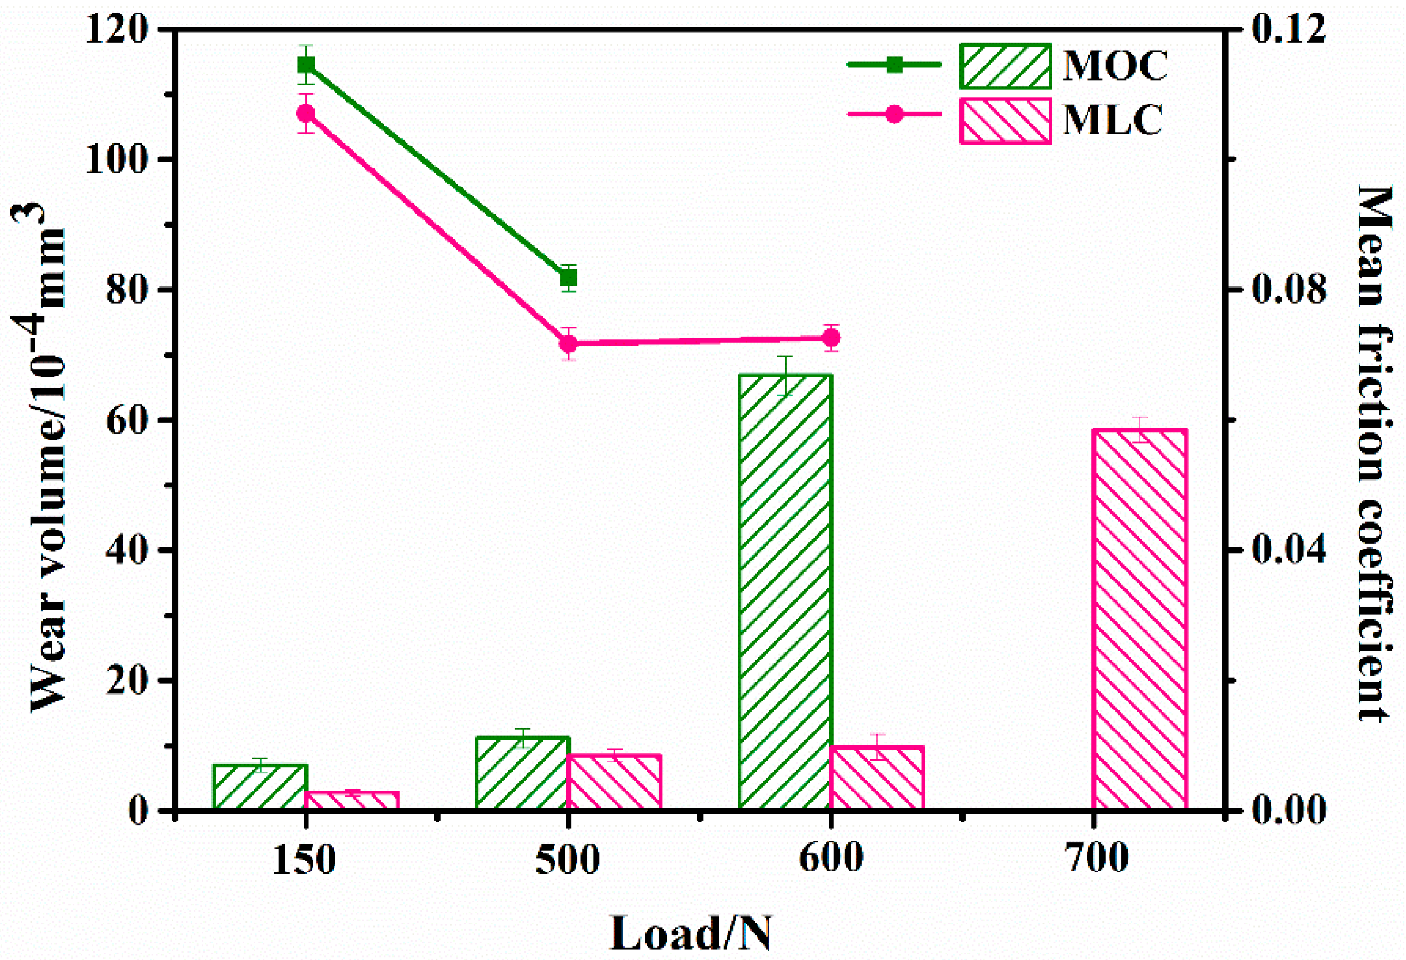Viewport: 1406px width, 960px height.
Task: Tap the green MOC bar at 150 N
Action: (260, 787)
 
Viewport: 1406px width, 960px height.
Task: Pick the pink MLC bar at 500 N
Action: (614, 781)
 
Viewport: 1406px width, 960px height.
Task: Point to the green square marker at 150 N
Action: (306, 65)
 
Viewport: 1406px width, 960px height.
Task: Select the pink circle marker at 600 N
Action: (832, 338)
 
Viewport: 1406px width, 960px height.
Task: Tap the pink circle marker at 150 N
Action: (306, 113)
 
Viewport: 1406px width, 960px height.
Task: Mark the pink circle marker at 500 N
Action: (568, 343)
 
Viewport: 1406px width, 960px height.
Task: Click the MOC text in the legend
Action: (1115, 65)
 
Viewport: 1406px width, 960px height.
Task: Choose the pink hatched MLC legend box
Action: (1005, 121)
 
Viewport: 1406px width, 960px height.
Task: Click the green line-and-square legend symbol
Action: (894, 65)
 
